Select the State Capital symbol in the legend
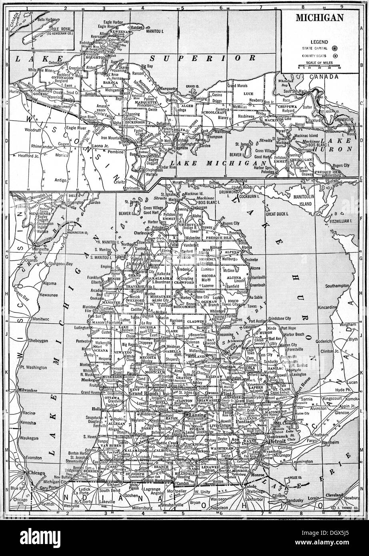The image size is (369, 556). [x=335, y=48]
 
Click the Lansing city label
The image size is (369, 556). [x=196, y=415]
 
